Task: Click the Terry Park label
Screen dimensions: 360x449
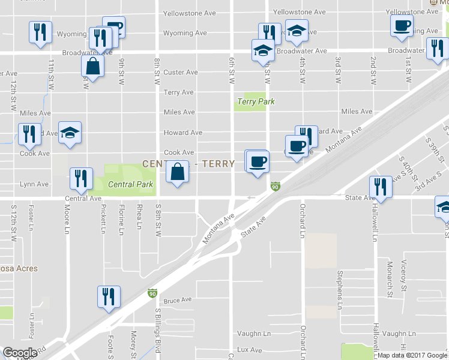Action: pos(256,101)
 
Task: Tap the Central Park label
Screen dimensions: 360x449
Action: pos(131,184)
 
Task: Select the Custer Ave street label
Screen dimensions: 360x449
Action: pos(181,72)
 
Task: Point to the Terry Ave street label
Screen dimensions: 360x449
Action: pos(179,92)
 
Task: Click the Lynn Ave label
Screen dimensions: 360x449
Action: pos(34,184)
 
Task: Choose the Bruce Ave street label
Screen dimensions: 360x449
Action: pos(177,299)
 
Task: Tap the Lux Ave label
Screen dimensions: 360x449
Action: pos(250,349)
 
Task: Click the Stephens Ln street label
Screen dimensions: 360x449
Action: pos(340,286)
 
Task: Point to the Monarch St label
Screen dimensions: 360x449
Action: pos(390,279)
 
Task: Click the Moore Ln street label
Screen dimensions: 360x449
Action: pos(67,218)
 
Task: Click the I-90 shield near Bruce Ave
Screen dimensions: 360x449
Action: pos(152,294)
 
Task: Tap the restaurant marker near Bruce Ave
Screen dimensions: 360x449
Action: pos(109,297)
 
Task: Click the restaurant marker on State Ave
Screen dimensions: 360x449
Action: pos(381,187)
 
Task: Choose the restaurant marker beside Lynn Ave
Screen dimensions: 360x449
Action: pos(80,178)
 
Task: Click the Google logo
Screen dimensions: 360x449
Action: pos(20,353)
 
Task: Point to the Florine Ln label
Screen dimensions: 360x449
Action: pos(121,219)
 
